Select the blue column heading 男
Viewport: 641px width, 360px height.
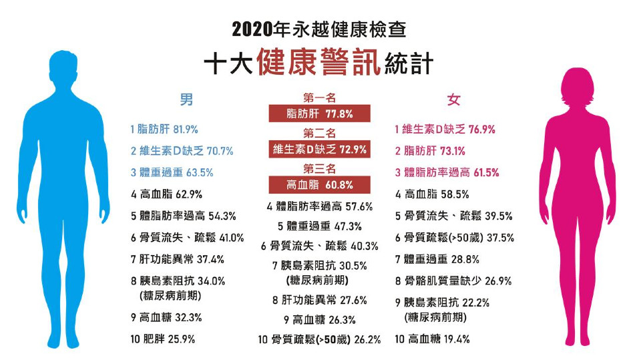coord(187,100)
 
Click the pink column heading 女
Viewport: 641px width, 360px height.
coord(453,100)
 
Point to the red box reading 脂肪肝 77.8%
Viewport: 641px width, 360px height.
coord(319,113)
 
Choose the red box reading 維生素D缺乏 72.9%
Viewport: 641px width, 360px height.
coord(319,149)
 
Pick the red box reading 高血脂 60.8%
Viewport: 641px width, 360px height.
coord(319,184)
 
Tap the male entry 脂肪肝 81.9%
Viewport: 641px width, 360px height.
coord(164,129)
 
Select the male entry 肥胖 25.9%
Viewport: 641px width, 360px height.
coord(163,339)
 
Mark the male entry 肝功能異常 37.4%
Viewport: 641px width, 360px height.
coord(177,259)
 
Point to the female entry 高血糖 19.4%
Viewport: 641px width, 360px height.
coord(432,339)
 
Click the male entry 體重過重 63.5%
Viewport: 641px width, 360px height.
coord(172,172)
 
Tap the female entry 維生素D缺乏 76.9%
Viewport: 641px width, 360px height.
coord(445,129)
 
